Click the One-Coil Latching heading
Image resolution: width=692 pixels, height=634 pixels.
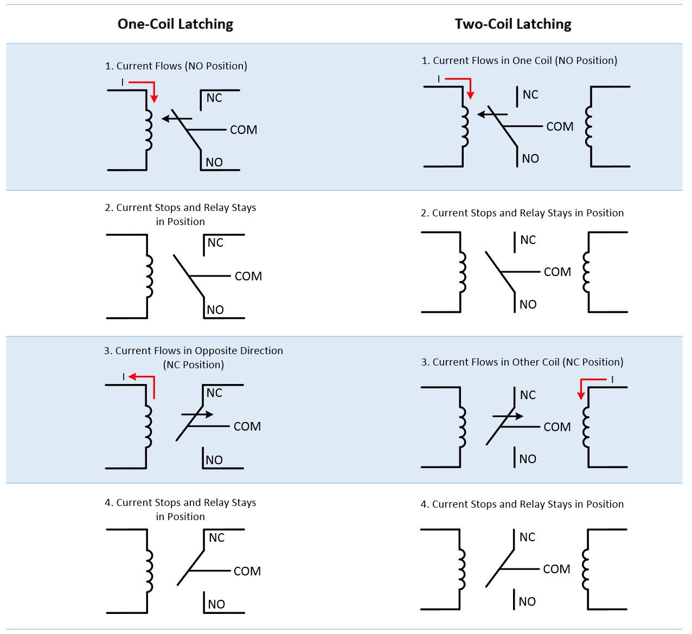click(x=175, y=24)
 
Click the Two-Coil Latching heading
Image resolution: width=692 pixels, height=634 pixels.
click(x=512, y=24)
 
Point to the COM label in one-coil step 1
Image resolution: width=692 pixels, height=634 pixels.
click(x=244, y=130)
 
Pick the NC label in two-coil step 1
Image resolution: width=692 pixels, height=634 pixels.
click(x=530, y=95)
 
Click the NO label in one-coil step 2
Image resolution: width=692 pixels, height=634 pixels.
click(x=215, y=310)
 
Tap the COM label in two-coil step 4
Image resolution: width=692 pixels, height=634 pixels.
click(x=556, y=569)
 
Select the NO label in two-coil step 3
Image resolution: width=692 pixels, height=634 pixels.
click(x=527, y=459)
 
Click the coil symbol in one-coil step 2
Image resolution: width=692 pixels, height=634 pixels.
click(x=149, y=277)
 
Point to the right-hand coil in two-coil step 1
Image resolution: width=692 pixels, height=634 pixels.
click(x=588, y=126)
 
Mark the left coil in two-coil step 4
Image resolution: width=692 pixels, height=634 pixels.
click(x=462, y=569)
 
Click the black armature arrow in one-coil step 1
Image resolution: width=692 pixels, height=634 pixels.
click(x=177, y=118)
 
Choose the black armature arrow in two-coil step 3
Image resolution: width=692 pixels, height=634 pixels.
click(x=508, y=417)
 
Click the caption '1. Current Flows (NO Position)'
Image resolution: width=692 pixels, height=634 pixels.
click(x=176, y=66)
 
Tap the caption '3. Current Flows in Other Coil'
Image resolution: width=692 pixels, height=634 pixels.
click(x=522, y=362)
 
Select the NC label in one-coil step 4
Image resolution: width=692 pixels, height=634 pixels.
click(x=216, y=538)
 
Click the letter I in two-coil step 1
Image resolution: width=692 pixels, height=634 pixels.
click(x=439, y=79)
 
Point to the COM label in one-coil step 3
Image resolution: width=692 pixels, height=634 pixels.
click(x=247, y=427)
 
